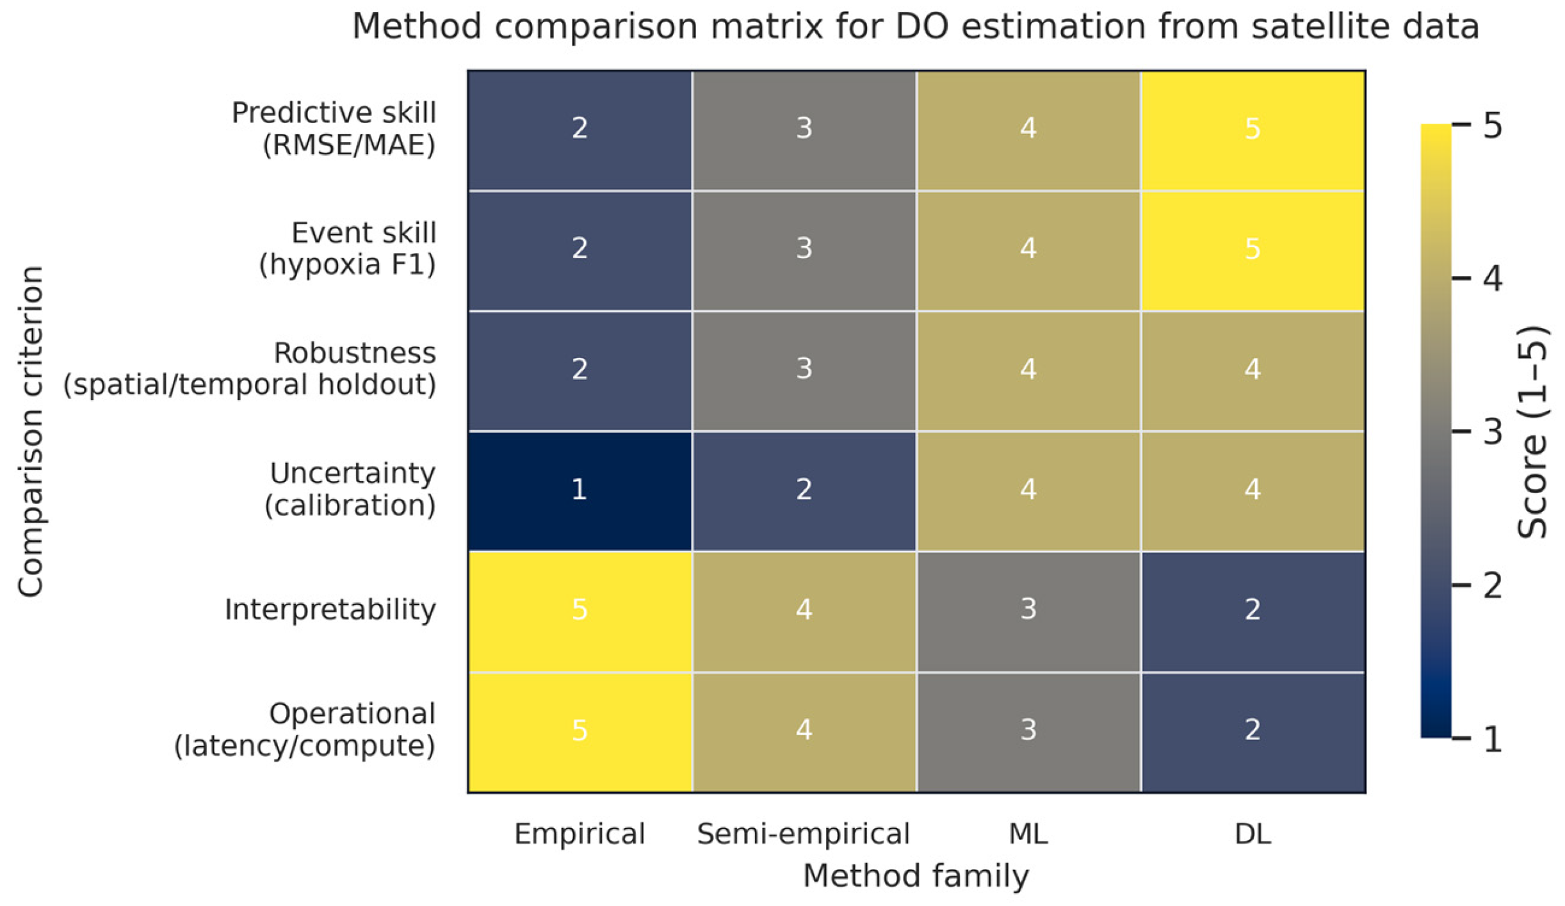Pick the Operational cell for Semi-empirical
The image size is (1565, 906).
(804, 731)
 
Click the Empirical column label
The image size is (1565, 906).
(580, 834)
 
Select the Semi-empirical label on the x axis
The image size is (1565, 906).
(804, 834)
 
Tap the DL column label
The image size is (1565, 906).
(1253, 834)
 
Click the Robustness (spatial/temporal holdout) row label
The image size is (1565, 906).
(250, 369)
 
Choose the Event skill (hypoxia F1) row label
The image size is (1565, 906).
(348, 249)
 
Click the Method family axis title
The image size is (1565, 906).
(916, 876)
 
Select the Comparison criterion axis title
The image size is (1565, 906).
(30, 432)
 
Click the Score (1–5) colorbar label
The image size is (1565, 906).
(1532, 432)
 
